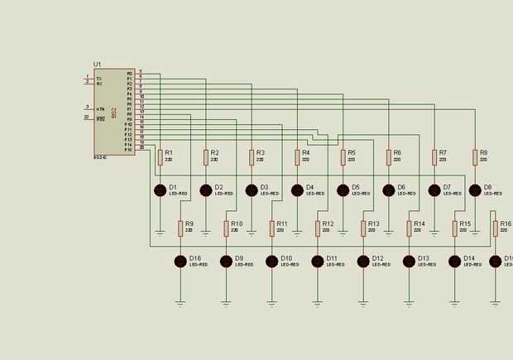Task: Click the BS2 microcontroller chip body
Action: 113,111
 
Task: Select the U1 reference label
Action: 97,64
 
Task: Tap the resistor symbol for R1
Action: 161,156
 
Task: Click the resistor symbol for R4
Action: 297,156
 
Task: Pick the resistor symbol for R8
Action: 475,156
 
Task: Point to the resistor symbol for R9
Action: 180,228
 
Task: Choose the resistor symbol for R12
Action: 317,228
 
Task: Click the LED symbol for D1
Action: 161,190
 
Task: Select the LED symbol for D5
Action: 343,190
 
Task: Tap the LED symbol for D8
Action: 475,190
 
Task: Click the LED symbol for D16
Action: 180,262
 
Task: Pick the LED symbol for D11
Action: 317,262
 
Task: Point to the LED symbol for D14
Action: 454,262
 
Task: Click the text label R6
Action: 397,153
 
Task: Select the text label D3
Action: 265,188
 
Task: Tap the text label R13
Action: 373,224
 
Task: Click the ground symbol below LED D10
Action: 271,304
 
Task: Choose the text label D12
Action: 377,258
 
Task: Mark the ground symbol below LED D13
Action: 409,304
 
